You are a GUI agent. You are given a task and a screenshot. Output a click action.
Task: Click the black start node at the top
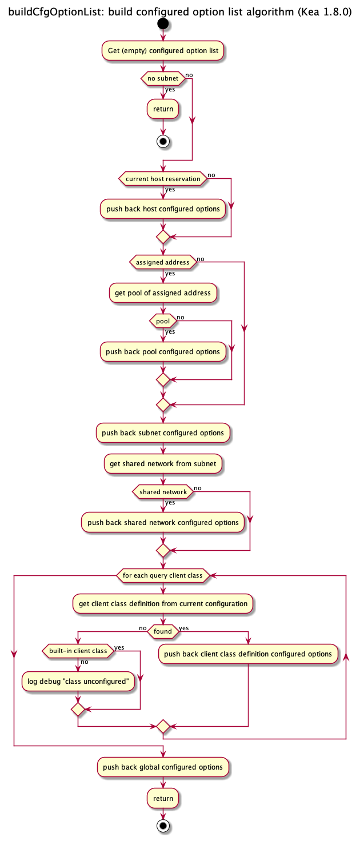[163, 23]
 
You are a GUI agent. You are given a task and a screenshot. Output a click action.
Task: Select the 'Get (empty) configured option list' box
[163, 51]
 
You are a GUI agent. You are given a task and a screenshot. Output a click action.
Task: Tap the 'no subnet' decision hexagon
[163, 78]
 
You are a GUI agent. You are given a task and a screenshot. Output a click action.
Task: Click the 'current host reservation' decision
[163, 179]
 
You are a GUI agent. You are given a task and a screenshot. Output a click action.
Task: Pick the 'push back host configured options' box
[163, 209]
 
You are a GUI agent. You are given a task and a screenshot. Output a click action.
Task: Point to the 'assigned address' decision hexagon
[163, 262]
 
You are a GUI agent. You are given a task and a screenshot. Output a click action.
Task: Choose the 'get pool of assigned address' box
[163, 293]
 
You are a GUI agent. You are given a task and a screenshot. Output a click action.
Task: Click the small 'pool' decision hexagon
[163, 321]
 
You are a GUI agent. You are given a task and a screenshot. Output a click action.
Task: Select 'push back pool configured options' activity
[163, 352]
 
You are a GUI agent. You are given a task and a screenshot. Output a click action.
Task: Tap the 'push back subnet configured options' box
[163, 433]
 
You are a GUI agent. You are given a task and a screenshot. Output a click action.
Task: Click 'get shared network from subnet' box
[163, 464]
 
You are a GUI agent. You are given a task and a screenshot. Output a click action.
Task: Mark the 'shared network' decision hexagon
[163, 492]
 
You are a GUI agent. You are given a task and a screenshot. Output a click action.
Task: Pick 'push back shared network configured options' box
[163, 523]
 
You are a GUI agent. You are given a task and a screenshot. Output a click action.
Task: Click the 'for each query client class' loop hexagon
[163, 575]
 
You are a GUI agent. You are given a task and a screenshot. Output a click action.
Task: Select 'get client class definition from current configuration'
[163, 604]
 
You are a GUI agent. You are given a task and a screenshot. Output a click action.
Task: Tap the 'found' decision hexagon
[163, 631]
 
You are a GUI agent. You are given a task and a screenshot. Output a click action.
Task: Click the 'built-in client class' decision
[78, 651]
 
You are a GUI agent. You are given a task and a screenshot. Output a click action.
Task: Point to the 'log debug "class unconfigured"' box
[78, 681]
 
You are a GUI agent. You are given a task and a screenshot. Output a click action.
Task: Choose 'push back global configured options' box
[163, 767]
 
